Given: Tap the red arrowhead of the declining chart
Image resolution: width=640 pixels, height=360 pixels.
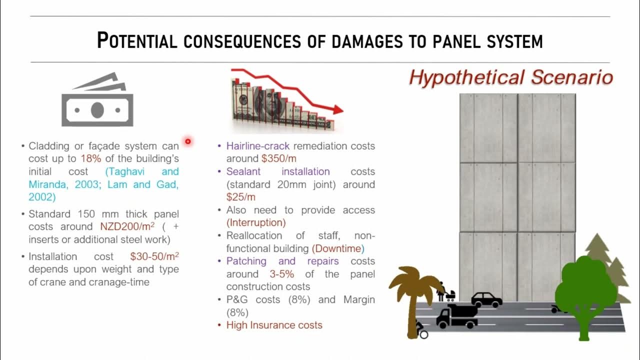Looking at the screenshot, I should pos(338,109).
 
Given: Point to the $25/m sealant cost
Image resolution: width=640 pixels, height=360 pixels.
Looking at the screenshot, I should pos(241,197).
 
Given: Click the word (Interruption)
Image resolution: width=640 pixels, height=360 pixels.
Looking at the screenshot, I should pos(256,222).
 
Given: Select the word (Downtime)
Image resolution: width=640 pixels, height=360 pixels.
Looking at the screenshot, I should pos(338,248).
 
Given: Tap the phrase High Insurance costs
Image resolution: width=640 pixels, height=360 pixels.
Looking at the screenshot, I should pos(274,325).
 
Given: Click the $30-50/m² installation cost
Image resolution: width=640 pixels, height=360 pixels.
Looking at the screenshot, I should pos(154,256).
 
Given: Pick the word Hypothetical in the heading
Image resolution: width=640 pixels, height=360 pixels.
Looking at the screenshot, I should pos(467,77).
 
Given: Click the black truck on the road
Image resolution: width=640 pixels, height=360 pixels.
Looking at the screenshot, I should pos(456,316).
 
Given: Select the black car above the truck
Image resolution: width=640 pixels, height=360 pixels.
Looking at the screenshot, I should pos(486,299).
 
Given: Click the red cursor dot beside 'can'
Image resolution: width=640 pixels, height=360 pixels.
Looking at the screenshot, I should pos(188,141).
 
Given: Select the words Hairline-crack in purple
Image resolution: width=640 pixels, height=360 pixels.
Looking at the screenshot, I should pos(258,146).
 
